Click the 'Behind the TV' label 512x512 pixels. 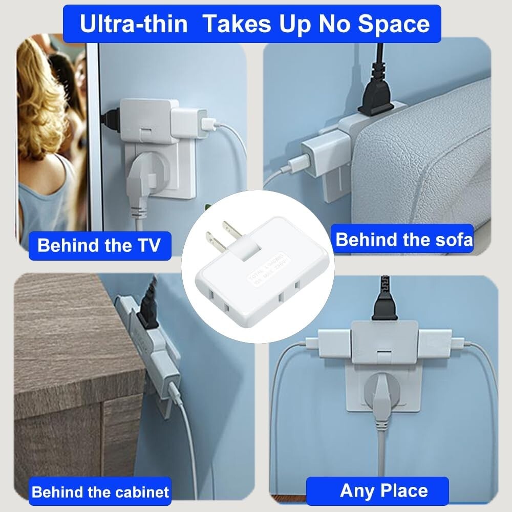click(99, 245)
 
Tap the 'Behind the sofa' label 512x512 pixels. click(404, 239)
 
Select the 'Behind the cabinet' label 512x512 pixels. click(100, 492)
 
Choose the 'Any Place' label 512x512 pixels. click(383, 490)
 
